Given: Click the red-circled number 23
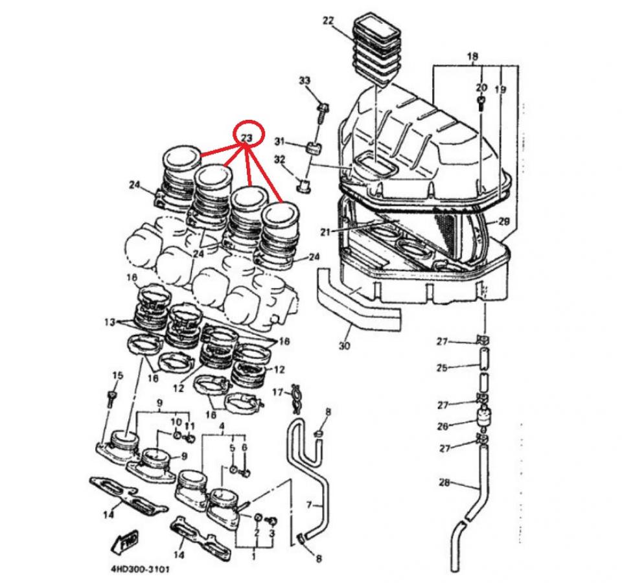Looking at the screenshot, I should pyautogui.click(x=246, y=138).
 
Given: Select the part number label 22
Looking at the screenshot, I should pyautogui.click(x=328, y=21).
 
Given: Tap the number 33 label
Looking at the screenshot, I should pyautogui.click(x=305, y=80).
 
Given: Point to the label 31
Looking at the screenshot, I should pyautogui.click(x=279, y=141).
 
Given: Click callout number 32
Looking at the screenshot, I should pyautogui.click(x=279, y=159).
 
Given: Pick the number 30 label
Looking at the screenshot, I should pyautogui.click(x=344, y=346).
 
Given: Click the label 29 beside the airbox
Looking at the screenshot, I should pyautogui.click(x=505, y=222).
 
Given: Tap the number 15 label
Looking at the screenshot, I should pyautogui.click(x=117, y=376).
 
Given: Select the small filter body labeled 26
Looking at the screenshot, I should pyautogui.click(x=483, y=418).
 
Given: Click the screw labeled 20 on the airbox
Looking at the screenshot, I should pyautogui.click(x=481, y=103).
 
